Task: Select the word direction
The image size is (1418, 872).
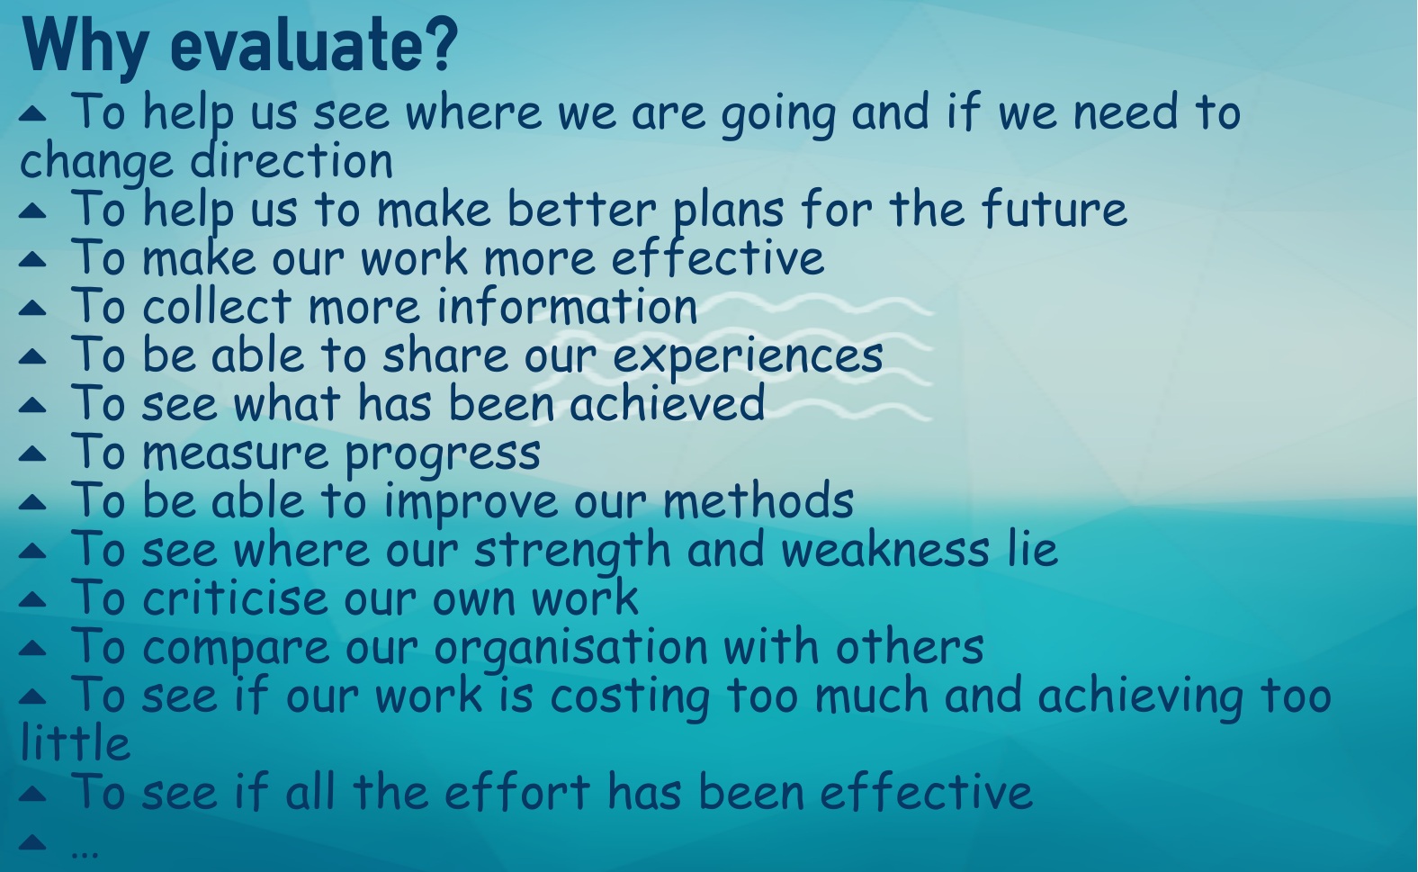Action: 292,159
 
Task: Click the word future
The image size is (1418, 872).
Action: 1055,208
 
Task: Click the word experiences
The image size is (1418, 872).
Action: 749,355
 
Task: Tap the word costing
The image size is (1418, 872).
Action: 630,697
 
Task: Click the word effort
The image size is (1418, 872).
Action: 516,791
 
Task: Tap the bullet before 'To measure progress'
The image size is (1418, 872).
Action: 33,454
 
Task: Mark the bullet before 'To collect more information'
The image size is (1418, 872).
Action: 33,308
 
